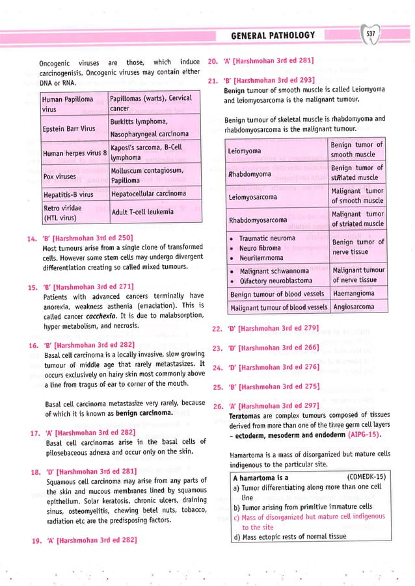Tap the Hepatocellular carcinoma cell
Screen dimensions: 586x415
pos(148,194)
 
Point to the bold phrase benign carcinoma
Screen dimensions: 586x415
pos(140,413)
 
